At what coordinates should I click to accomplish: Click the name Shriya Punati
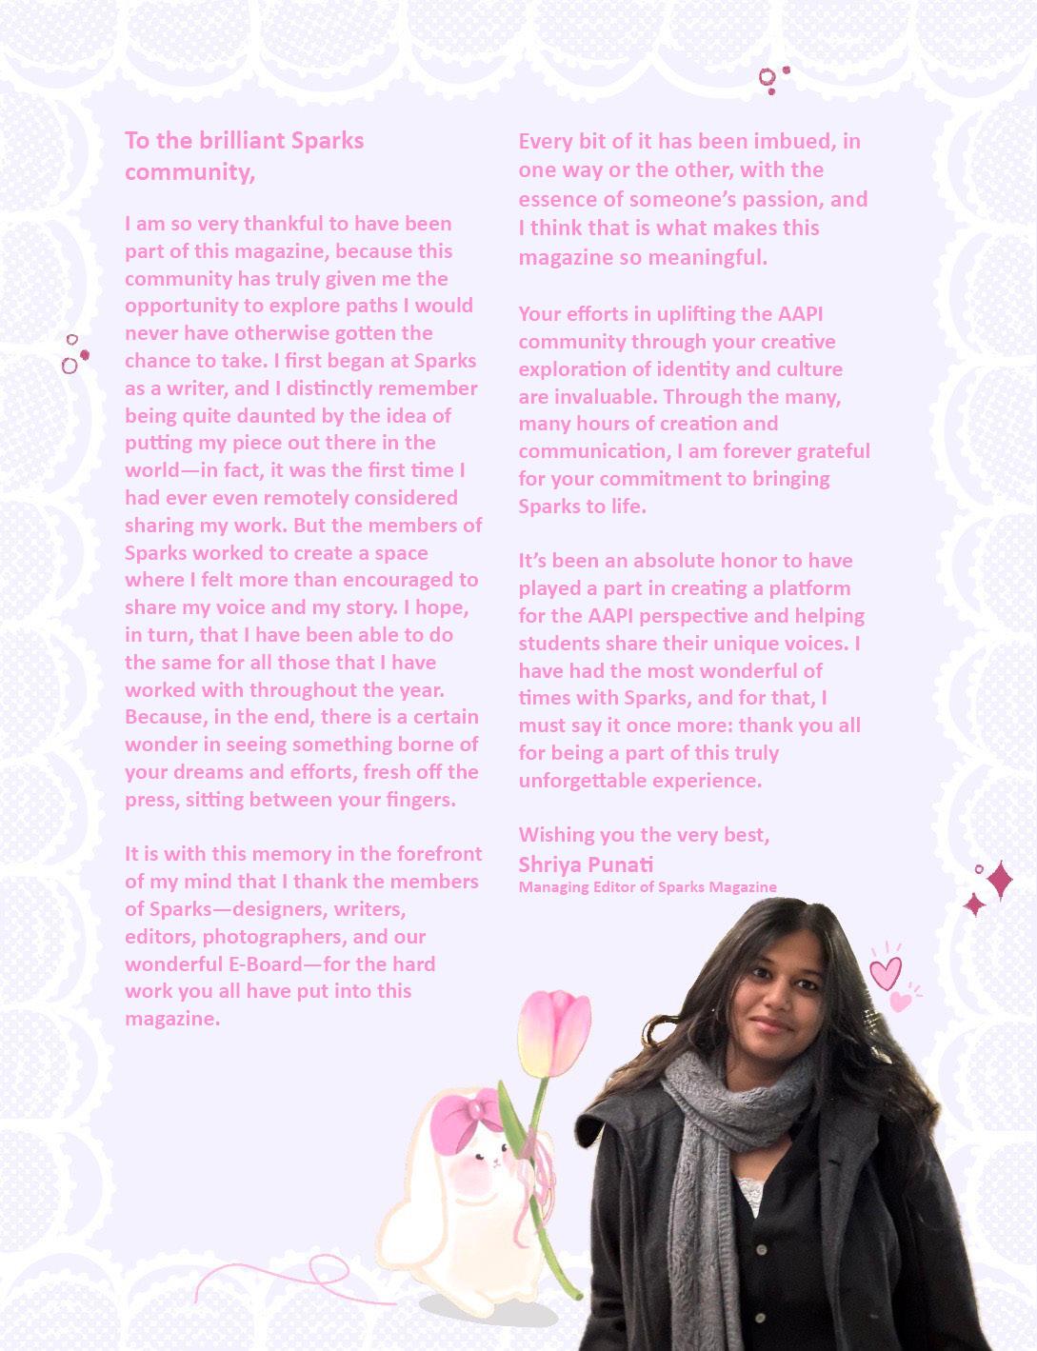click(x=586, y=864)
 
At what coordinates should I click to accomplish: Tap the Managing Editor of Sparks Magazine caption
click(x=648, y=887)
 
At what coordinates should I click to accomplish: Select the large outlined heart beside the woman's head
click(x=885, y=971)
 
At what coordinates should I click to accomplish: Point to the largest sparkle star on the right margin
click(x=999, y=880)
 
